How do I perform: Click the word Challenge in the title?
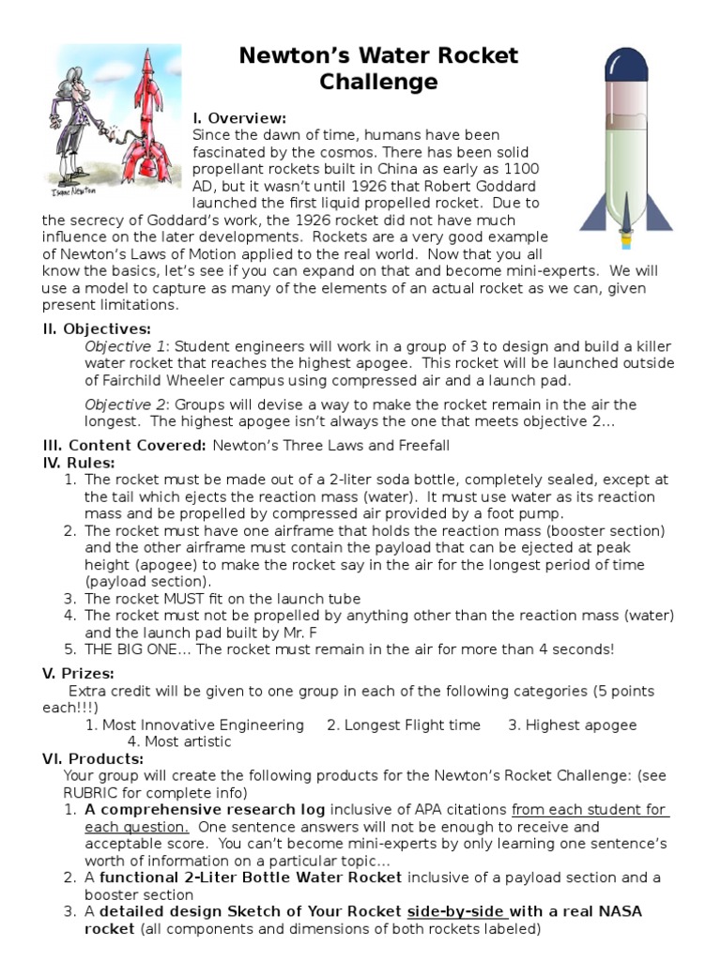click(378, 82)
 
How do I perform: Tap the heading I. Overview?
click(239, 118)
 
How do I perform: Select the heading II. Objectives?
click(97, 328)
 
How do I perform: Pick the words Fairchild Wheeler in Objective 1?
click(162, 381)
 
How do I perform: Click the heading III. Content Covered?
click(125, 446)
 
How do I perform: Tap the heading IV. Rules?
click(79, 463)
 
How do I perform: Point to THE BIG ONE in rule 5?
click(135, 648)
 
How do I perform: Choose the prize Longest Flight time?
click(404, 725)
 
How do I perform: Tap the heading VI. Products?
click(93, 758)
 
